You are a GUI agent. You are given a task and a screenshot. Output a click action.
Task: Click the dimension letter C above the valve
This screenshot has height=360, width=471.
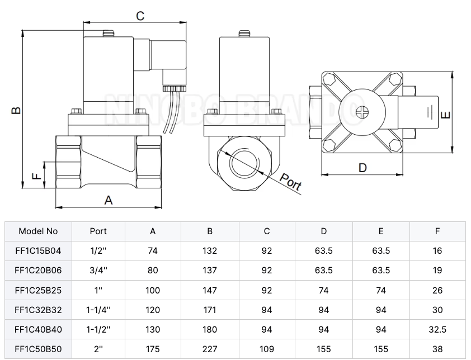tap(140, 16)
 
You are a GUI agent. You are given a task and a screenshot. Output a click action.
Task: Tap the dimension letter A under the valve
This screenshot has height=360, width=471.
tap(109, 200)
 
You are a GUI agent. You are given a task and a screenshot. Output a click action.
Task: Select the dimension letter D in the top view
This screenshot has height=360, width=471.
tap(362, 167)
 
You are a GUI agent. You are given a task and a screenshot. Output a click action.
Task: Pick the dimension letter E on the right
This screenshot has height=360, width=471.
tap(445, 114)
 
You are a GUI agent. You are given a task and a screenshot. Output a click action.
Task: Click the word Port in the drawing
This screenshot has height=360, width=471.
tap(291, 183)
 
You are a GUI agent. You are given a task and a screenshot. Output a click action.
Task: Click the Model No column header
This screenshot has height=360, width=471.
tap(38, 231)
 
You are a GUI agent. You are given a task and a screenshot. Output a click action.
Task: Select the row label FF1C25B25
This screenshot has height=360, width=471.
tap(38, 290)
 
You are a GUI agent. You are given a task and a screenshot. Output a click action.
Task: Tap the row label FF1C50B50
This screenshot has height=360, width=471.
tap(38, 349)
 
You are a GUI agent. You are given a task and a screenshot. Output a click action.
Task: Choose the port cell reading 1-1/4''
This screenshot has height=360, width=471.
tap(98, 310)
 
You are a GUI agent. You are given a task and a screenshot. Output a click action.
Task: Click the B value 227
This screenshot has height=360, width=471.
tap(210, 349)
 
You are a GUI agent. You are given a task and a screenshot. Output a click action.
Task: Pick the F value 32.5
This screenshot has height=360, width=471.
tap(437, 330)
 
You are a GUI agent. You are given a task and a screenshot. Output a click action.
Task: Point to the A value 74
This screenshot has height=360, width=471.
tap(153, 251)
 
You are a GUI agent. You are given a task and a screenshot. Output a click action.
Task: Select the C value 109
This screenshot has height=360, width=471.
tap(267, 349)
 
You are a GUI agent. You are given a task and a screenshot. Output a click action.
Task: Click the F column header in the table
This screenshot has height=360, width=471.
tap(437, 231)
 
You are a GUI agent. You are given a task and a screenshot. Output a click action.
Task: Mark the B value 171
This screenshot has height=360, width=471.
tap(210, 310)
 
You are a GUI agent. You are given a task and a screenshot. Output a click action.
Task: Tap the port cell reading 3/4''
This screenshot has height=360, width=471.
tap(98, 271)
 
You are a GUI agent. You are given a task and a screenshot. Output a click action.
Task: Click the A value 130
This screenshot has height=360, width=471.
tap(153, 330)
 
